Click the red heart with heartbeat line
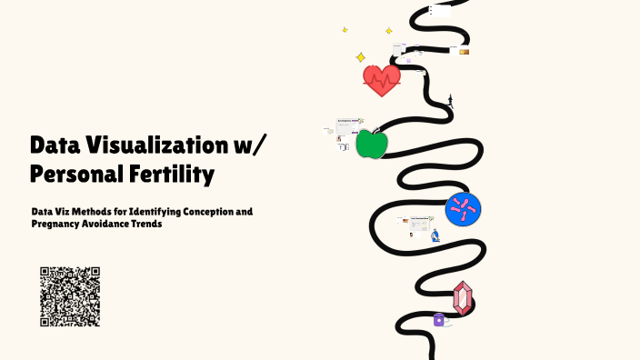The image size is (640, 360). point(381,81)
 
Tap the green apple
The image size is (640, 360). point(372,144)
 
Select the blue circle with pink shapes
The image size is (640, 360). point(463,210)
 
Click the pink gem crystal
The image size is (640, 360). point(463,298)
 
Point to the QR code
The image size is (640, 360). point(70,296)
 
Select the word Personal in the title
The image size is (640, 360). point(77,172)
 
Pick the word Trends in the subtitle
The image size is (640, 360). point(147,223)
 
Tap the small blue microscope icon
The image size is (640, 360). point(435,235)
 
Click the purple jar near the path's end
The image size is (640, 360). point(439,319)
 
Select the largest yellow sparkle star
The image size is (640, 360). point(360,57)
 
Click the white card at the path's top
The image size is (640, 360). point(440,12)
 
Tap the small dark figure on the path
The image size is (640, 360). point(450,101)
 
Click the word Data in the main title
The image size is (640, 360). point(57,145)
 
